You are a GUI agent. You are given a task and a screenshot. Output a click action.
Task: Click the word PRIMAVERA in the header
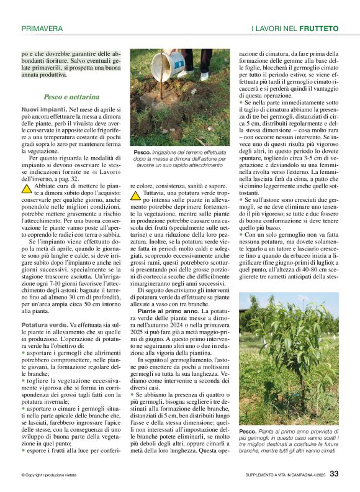(x=42, y=29)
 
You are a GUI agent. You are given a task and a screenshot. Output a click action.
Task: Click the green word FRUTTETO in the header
(x=318, y=29)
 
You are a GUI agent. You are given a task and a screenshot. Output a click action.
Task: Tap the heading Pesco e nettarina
(x=71, y=97)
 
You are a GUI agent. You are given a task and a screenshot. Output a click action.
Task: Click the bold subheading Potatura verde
(x=45, y=325)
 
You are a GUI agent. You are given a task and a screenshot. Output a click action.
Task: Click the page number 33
(x=334, y=473)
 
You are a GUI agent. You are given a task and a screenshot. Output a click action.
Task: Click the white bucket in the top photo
(x=178, y=61)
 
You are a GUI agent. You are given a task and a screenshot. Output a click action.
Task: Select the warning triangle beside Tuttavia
(x=136, y=195)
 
